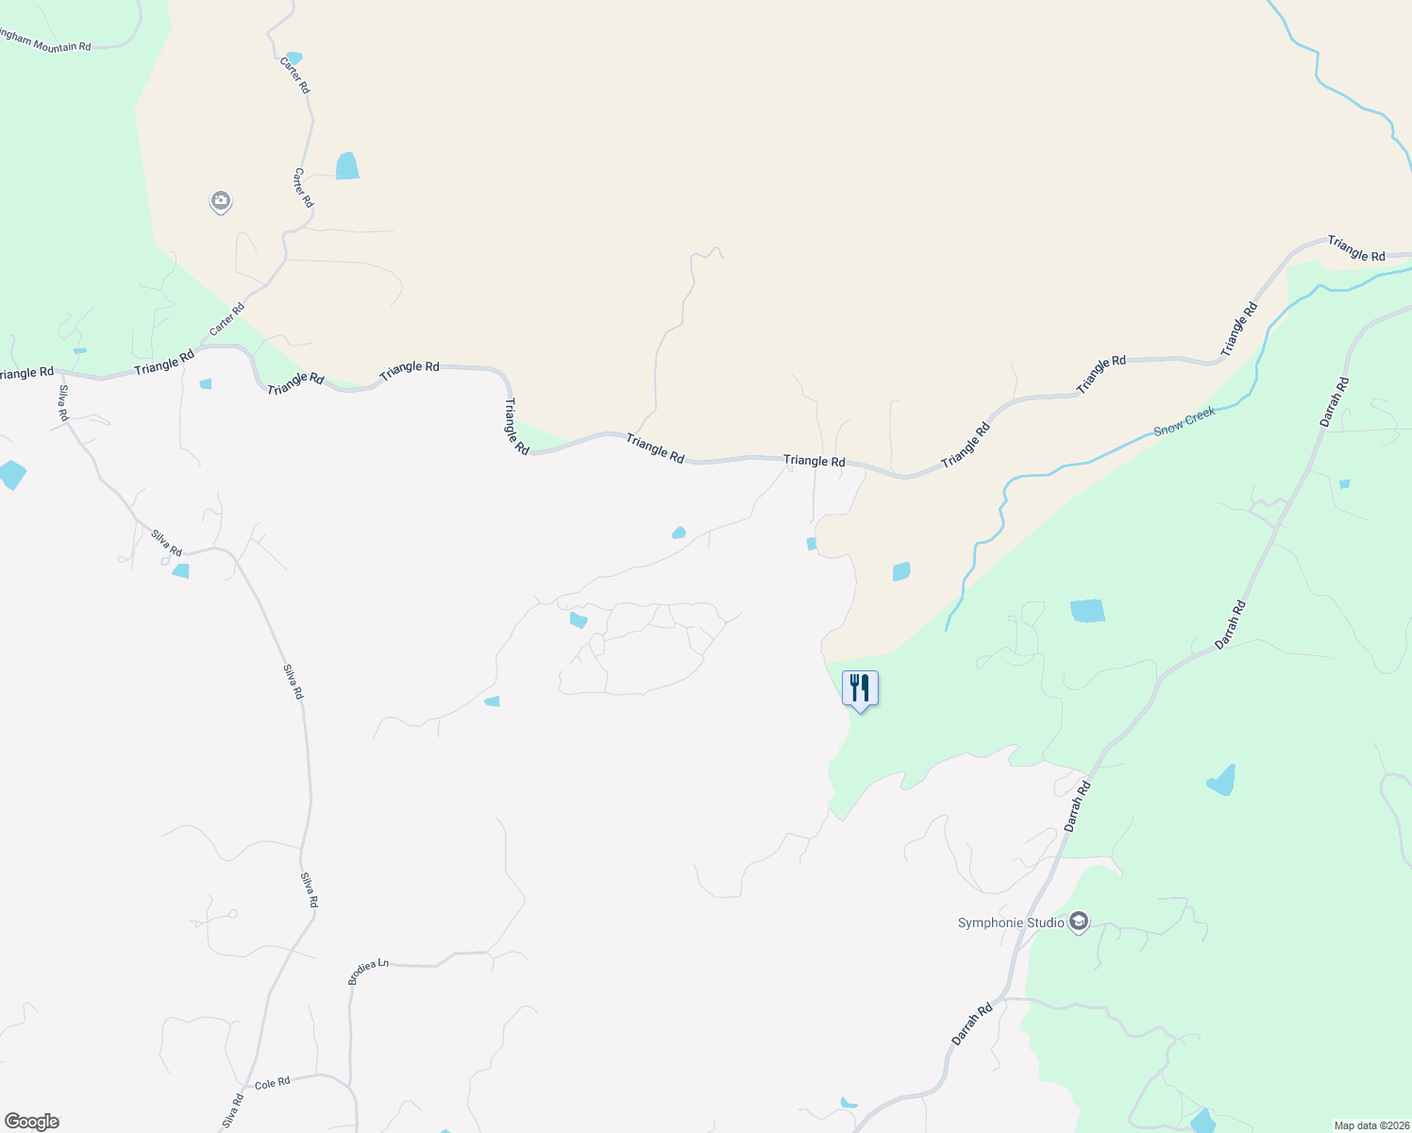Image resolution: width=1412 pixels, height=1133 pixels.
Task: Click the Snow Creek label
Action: (x=1185, y=421)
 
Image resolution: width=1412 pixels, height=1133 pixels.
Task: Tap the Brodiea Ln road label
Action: (x=368, y=972)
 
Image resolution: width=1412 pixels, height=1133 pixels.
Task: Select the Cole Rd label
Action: (x=272, y=1083)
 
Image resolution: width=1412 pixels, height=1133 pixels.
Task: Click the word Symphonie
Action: (x=988, y=922)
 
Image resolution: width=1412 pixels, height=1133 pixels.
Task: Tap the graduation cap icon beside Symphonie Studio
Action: (x=1079, y=922)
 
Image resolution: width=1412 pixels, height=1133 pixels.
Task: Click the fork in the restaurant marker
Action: (x=853, y=686)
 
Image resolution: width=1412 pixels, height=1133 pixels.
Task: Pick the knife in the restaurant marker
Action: (x=866, y=686)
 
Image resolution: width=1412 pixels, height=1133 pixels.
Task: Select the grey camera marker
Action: (x=221, y=201)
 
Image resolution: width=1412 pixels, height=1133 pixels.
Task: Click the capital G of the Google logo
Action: (x=13, y=1122)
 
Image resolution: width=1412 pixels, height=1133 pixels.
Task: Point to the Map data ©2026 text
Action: (x=1370, y=1125)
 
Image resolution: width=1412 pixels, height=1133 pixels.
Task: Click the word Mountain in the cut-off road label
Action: (x=56, y=43)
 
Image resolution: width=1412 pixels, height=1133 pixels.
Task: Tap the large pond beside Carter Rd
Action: (x=347, y=166)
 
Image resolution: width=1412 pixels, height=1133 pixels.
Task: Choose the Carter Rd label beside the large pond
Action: (x=303, y=188)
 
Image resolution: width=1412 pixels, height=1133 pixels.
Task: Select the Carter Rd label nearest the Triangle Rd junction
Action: (x=227, y=319)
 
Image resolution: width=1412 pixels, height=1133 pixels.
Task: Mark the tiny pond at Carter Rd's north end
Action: (x=294, y=59)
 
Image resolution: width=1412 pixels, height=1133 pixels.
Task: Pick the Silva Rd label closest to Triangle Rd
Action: (x=63, y=403)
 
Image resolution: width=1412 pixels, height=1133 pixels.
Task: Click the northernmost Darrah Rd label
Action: (x=1335, y=401)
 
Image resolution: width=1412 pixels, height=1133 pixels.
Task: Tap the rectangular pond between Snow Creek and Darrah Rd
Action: (x=1087, y=611)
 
